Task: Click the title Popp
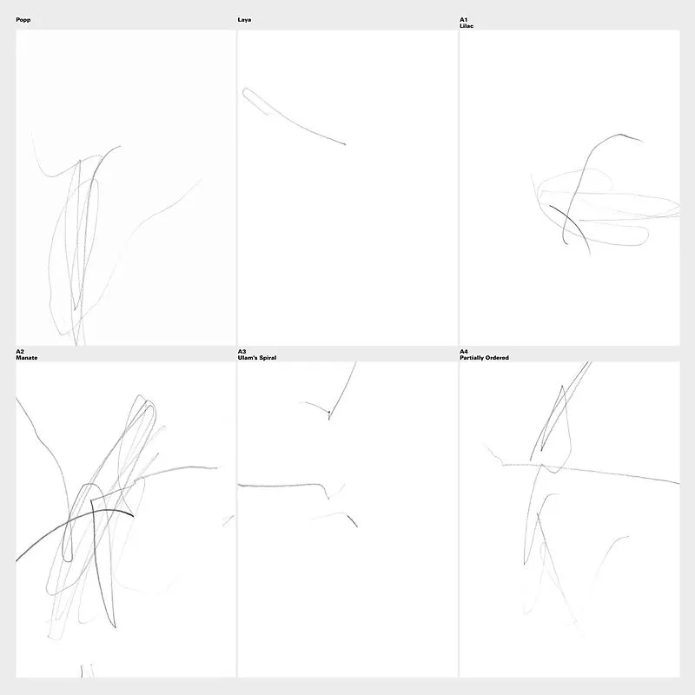[x=23, y=20]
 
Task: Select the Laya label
[x=244, y=20]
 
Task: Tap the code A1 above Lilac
[x=463, y=20]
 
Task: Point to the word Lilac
[x=467, y=26]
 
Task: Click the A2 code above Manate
[x=20, y=352]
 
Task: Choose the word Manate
[x=27, y=358]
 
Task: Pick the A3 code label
[x=242, y=352]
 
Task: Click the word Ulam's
[x=247, y=358]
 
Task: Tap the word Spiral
[x=268, y=358]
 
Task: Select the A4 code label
[x=464, y=352]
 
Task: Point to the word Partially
[x=472, y=358]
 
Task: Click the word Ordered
[x=497, y=358]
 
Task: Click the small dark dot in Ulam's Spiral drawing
[x=329, y=412]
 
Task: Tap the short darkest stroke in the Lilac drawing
[x=573, y=226]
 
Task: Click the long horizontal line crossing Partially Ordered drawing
[x=590, y=471]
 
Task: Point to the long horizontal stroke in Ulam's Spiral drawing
[x=279, y=486]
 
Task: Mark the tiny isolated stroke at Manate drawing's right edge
[x=228, y=520]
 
